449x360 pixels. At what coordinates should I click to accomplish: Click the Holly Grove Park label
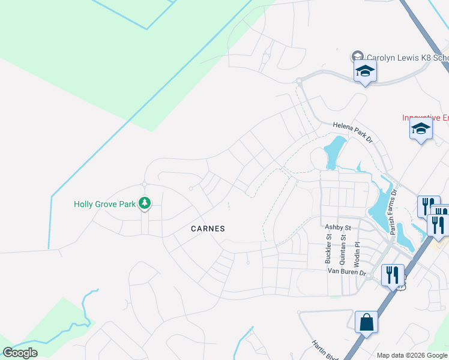pos(105,204)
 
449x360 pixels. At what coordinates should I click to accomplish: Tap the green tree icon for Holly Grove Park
pos(144,204)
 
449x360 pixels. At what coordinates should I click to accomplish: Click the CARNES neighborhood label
pos(208,229)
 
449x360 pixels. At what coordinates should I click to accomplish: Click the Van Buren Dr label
pos(347,272)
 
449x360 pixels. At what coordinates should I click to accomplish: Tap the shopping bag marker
pos(366,323)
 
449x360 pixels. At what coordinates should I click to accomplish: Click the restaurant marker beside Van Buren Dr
pos(392,275)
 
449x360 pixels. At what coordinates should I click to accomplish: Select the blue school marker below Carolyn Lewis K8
pos(364,71)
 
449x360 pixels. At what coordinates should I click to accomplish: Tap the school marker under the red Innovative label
pos(421,129)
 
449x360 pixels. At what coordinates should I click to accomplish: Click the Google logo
pos(20,353)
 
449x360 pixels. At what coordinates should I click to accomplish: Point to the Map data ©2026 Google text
pos(412,355)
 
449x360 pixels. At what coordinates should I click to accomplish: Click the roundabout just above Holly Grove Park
pos(144,184)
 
